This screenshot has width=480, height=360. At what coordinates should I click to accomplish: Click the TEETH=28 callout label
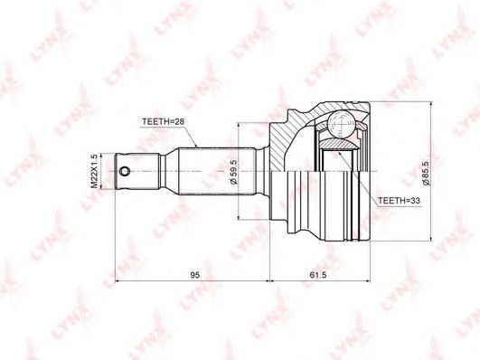point(163,121)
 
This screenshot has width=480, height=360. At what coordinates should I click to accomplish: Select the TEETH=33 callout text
point(399,201)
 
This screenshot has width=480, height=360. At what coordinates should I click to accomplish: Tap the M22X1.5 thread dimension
point(94,171)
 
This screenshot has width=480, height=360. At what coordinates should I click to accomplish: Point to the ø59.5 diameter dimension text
point(233,172)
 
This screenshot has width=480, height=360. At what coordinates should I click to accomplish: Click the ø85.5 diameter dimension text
point(426,173)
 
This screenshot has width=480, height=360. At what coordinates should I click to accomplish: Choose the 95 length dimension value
point(195,275)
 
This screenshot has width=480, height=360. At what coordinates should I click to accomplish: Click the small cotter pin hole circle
point(125,171)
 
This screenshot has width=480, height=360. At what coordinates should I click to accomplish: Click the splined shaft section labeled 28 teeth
point(217,171)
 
